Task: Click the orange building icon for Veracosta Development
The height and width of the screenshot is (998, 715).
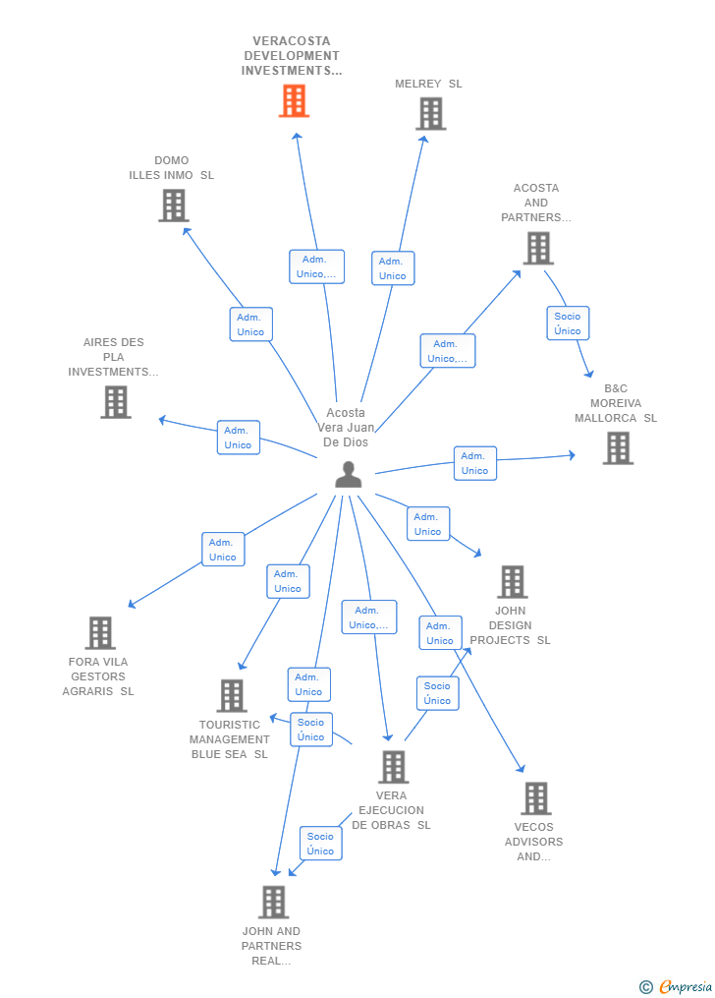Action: (294, 100)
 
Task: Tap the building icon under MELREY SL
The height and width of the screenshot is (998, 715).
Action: (430, 114)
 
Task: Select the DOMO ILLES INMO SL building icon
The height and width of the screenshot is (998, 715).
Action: (174, 205)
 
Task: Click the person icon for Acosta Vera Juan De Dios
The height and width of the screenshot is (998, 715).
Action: (348, 474)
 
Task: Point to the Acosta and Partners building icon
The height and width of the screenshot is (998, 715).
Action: (537, 248)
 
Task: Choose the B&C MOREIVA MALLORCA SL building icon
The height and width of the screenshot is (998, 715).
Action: (617, 448)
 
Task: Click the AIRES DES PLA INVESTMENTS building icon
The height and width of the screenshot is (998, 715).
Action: (116, 401)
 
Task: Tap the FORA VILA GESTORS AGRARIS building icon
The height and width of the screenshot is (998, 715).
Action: (100, 633)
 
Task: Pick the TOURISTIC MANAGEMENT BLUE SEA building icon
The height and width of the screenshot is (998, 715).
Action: (232, 696)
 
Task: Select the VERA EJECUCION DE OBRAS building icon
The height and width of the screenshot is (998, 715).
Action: (393, 767)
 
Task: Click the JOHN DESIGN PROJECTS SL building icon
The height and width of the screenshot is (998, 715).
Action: (512, 582)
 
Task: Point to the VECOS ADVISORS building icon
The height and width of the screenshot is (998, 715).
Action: (535, 798)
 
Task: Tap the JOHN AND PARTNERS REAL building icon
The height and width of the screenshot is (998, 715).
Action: (273, 902)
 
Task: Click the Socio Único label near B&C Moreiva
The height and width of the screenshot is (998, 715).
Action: (568, 323)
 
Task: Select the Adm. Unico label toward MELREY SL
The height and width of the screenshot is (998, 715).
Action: (393, 268)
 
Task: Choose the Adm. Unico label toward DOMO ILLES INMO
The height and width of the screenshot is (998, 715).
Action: (250, 324)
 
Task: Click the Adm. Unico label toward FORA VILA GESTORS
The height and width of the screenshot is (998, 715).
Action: (222, 550)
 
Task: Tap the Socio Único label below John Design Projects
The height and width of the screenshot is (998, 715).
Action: (437, 693)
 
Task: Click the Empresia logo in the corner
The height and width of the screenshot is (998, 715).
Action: (677, 986)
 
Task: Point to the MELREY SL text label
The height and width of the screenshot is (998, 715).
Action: (428, 84)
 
